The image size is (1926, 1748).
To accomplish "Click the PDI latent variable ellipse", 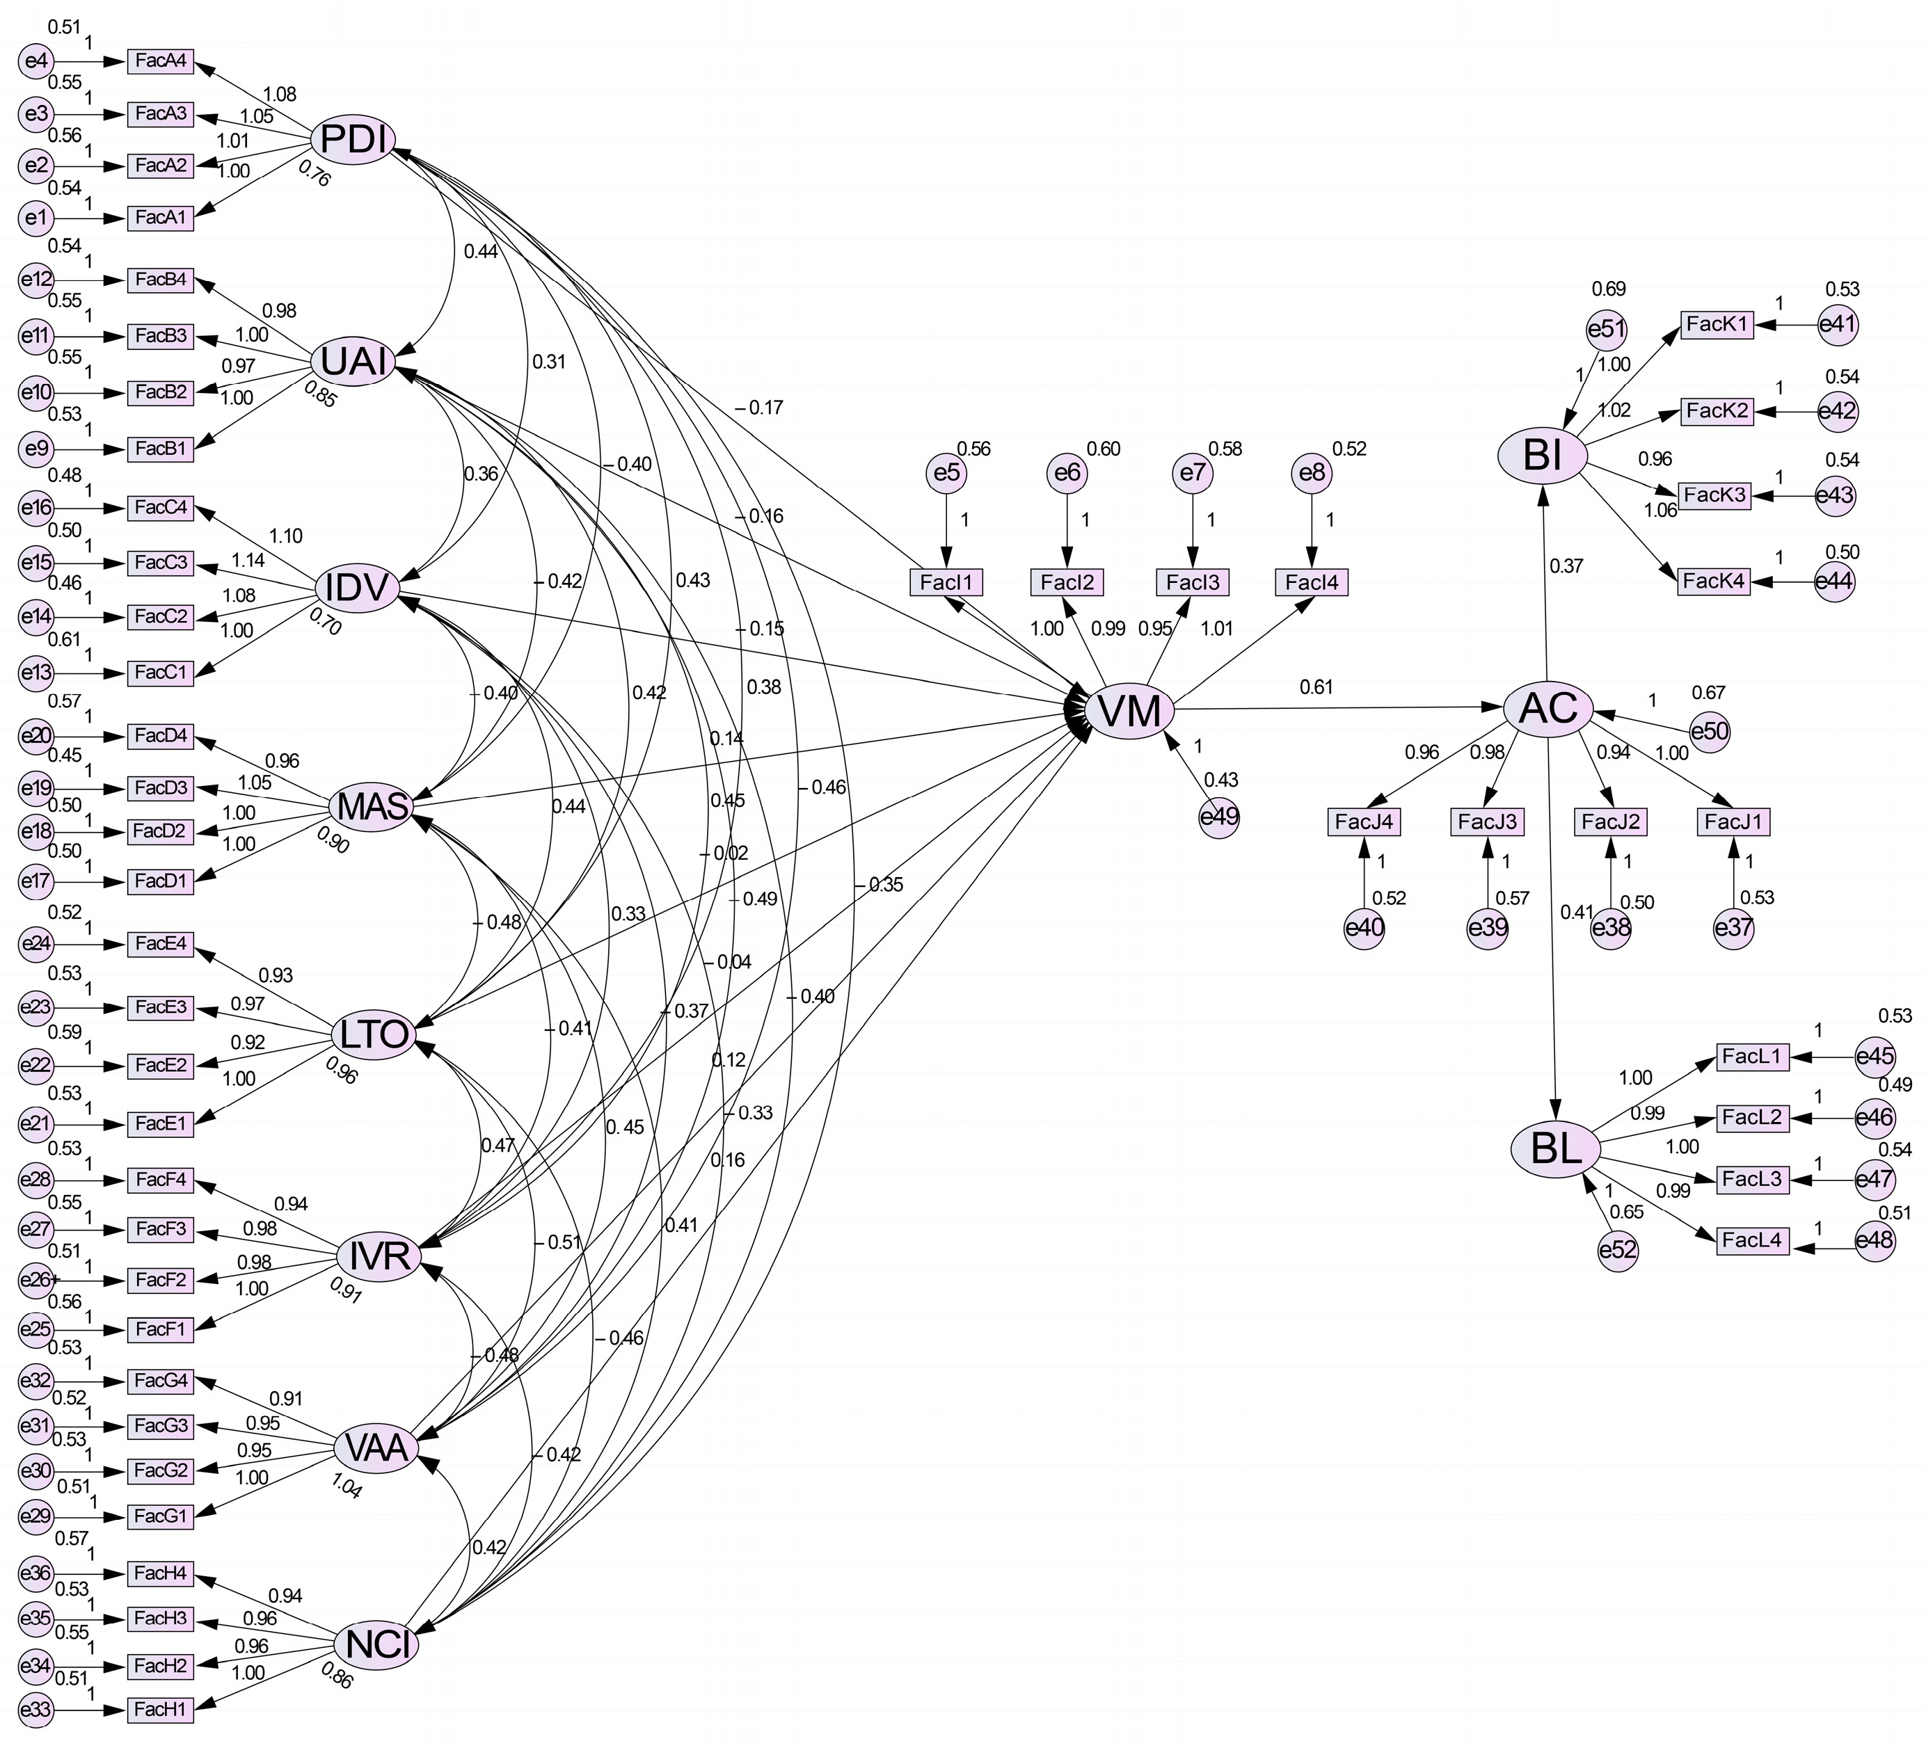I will point(353,139).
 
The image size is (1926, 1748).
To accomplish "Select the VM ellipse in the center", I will point(1129,711).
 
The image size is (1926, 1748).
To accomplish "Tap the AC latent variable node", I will point(1547,708).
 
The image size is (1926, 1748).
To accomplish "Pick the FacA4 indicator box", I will point(161,61).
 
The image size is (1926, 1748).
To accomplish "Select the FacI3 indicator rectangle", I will point(1193,581).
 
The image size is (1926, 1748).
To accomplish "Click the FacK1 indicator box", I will point(1717,324).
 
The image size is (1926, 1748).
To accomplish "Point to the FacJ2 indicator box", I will point(1611,821).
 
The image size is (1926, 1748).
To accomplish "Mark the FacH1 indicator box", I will point(161,1709).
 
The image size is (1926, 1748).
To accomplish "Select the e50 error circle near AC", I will point(1709,732).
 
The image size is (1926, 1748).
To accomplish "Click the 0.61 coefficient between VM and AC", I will point(1316,686).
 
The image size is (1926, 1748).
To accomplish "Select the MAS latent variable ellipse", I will point(372,807).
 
